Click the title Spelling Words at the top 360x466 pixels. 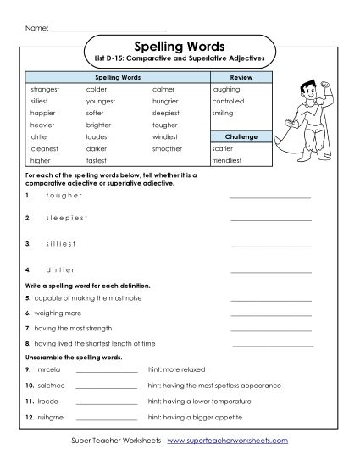tap(180, 47)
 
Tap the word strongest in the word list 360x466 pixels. tap(46, 88)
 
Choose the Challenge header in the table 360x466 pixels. tap(240, 136)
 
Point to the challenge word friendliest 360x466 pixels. tap(231, 159)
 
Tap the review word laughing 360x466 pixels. tap(227, 88)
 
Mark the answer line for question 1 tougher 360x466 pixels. tap(270, 197)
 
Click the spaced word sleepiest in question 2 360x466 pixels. tap(66, 218)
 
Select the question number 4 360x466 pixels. tap(28, 269)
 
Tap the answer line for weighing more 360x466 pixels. tap(270, 313)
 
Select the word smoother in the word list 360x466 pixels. tap(167, 147)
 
